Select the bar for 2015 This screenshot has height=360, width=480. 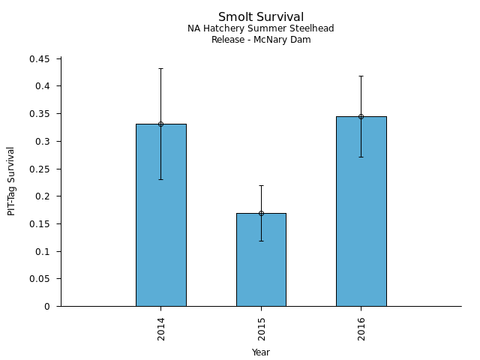coord(261,262)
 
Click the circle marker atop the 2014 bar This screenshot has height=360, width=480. coord(160,124)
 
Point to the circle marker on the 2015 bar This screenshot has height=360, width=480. coord(261,213)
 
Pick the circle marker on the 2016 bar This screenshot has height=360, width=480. coord(361,116)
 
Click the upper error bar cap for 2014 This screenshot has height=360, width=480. coord(160,68)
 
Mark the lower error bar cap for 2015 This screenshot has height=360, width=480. coord(261,241)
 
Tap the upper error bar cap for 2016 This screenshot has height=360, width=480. coord(361,76)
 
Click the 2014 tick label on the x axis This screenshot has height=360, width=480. coord(161,330)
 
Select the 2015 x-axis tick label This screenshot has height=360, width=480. coord(262,330)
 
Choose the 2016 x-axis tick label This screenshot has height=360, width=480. coord(361,330)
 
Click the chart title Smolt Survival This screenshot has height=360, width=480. coord(261,16)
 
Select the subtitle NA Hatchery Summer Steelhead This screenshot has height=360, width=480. coord(261,28)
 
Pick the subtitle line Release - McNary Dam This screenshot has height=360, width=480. coord(261,40)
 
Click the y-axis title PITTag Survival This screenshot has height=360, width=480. coord(11,181)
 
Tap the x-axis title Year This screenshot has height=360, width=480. coord(261,352)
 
